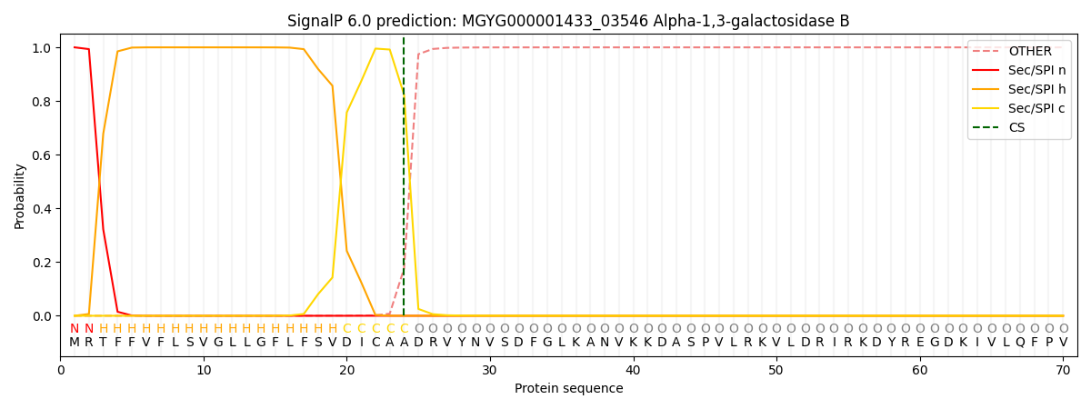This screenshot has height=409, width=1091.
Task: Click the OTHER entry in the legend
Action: (x=1029, y=52)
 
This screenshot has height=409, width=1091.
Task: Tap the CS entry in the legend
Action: (x=1016, y=128)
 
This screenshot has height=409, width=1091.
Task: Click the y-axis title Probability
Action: (x=20, y=195)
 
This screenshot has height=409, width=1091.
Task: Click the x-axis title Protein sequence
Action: (x=568, y=388)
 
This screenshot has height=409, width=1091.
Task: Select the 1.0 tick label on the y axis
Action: (x=42, y=48)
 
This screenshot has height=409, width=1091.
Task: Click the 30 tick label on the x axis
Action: (x=490, y=370)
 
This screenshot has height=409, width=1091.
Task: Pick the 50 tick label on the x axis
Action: (x=776, y=370)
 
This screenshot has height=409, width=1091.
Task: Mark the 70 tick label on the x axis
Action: (x=1063, y=370)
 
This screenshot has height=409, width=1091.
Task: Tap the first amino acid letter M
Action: (x=75, y=342)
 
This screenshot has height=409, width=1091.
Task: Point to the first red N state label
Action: (x=75, y=328)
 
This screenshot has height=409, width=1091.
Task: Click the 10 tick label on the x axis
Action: (x=204, y=370)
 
